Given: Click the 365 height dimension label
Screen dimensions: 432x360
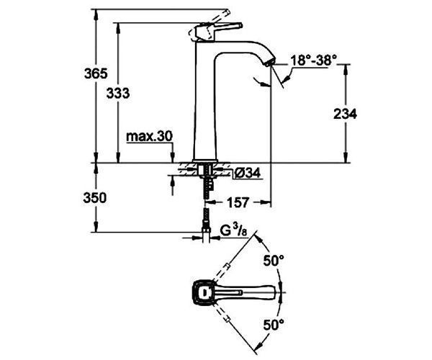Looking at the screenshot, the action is coord(96,73).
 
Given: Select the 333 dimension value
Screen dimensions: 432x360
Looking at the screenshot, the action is coord(118,94).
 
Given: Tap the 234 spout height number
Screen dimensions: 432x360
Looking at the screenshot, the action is coord(345,114).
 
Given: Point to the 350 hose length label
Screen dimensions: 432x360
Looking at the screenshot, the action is coord(95,198).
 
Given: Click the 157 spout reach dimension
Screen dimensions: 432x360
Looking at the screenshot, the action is coord(238,203).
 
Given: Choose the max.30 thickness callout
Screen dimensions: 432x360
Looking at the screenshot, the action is coord(150,136).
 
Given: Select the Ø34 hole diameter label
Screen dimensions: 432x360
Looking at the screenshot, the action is coord(248,174).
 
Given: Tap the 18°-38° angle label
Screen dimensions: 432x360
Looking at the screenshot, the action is coord(314,60).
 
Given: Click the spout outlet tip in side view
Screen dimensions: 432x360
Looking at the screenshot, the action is coord(269,62).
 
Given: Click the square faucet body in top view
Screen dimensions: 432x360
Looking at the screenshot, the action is coord(203,292).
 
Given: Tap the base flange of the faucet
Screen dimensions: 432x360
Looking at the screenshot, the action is coord(205,161).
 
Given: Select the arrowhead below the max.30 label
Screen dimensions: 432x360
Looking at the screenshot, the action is coord(173,158).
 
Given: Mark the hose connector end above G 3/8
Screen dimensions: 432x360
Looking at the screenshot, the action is coord(207,230).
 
